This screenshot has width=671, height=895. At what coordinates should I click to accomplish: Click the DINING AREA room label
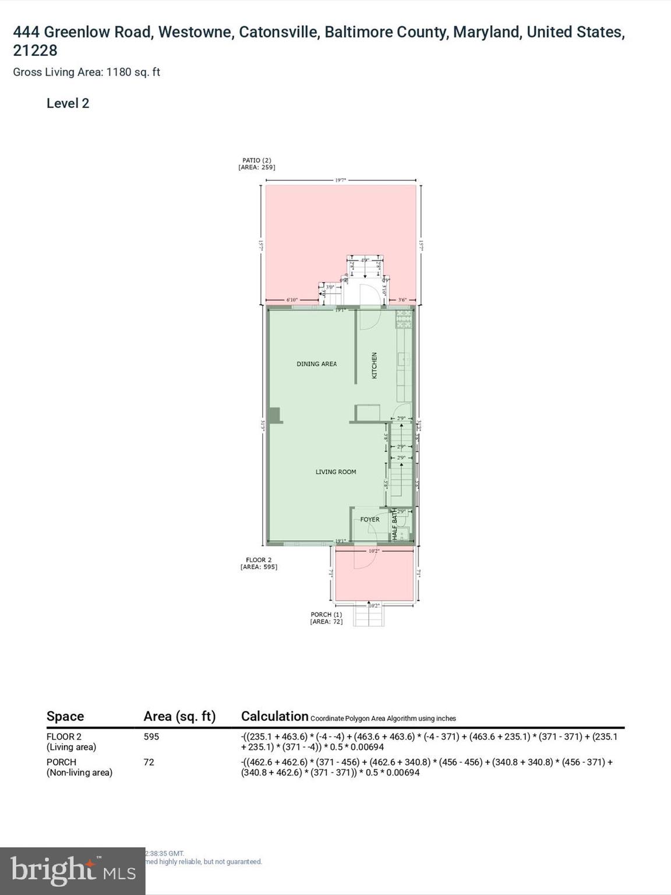point(316,364)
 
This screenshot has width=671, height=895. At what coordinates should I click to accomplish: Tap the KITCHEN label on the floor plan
point(375,365)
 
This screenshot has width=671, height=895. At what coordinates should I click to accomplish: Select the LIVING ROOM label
point(335,472)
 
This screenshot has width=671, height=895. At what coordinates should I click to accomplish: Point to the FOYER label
point(369,519)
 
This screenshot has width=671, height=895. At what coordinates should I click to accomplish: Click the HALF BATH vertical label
point(394,525)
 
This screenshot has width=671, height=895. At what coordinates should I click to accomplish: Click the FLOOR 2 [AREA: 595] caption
point(259,563)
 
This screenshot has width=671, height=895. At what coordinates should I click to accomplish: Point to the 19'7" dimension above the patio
point(341,180)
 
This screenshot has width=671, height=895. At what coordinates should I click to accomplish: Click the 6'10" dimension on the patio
point(292,300)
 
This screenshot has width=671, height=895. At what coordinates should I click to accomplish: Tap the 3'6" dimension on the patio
point(402,300)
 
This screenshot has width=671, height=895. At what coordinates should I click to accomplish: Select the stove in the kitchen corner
point(404,318)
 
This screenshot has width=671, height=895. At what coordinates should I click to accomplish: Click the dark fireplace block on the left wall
point(274,415)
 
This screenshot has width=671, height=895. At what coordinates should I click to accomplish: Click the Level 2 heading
point(68,103)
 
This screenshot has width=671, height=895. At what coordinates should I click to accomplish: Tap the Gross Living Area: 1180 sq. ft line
point(86,72)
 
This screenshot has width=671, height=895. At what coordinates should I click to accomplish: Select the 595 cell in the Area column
point(151,737)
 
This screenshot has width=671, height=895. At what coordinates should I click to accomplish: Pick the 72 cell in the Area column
point(149,762)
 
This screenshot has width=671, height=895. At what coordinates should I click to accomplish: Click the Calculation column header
point(274,716)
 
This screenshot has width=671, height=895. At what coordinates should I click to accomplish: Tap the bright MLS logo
point(73,871)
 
